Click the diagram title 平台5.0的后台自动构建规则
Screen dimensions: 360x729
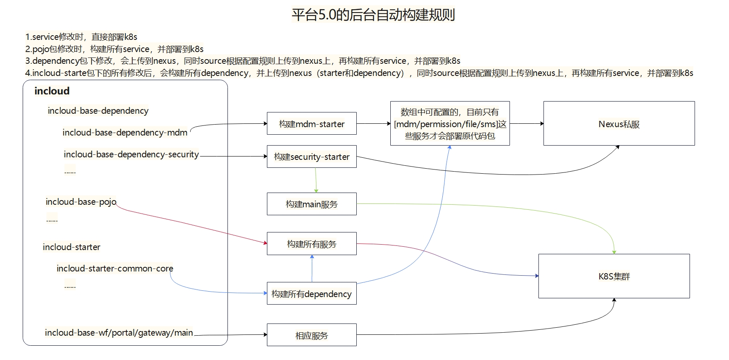(373, 15)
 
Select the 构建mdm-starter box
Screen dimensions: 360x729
(311, 124)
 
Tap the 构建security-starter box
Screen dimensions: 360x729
(311, 157)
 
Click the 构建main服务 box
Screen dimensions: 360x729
(311, 204)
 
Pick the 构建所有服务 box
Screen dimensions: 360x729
(311, 244)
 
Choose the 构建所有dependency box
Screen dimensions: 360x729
(311, 294)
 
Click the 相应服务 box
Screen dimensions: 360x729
(311, 335)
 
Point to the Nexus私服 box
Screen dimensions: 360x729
(619, 124)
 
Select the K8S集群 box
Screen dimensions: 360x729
(614, 276)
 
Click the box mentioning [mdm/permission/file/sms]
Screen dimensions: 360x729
(450, 124)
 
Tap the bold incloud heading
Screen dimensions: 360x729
(52, 91)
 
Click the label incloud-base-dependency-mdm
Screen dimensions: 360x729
(125, 133)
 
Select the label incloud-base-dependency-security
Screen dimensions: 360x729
(131, 154)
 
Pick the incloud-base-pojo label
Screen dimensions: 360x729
(81, 202)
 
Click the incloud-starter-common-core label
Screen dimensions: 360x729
(115, 269)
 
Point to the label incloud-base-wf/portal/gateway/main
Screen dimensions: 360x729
(119, 333)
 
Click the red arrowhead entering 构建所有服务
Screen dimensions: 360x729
(265, 243)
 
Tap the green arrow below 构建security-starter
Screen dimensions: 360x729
(316, 180)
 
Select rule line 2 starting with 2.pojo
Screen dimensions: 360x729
(114, 49)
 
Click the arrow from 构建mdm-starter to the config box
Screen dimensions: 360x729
(373, 124)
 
